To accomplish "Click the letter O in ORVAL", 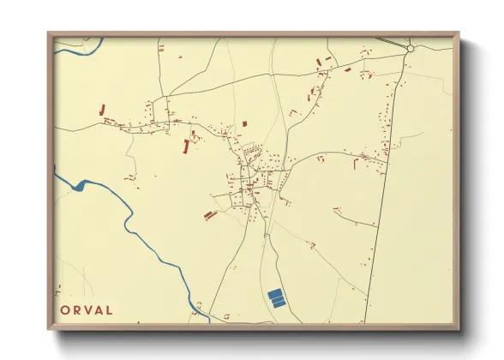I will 65,310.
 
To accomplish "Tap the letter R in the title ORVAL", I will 77,310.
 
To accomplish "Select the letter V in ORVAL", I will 88,310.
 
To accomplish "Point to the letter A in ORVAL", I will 99,310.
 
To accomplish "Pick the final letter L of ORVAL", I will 110,310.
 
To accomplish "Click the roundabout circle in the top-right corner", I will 411,49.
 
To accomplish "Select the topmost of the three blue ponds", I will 274,293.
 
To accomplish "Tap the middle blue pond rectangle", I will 277,298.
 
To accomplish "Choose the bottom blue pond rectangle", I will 279,303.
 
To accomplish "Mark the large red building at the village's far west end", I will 103,110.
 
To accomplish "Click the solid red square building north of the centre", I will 244,123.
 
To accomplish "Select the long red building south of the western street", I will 187,147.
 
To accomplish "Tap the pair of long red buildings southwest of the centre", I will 208,215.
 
